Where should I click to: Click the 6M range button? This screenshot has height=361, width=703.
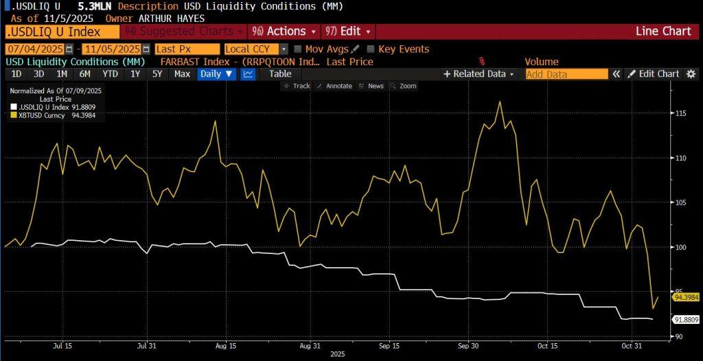[85, 74]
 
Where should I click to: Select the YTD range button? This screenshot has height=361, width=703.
[110, 74]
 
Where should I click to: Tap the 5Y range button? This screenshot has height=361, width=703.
[158, 74]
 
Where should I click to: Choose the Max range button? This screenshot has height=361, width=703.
[182, 74]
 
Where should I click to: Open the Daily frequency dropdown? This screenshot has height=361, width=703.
[216, 74]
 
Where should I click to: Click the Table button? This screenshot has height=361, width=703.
[280, 74]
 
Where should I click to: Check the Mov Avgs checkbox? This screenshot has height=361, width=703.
[298, 49]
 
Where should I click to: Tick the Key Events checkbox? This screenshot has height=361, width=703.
[371, 49]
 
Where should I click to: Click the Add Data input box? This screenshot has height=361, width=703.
[566, 74]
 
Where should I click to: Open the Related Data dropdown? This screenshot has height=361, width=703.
[479, 74]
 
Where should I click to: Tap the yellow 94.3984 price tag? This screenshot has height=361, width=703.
[686, 297]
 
